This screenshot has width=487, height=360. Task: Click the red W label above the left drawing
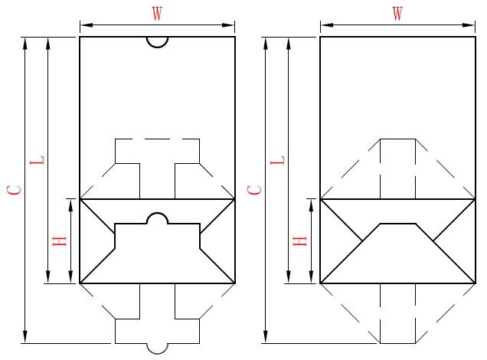[157, 14]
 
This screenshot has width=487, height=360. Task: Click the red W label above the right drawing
[397, 14]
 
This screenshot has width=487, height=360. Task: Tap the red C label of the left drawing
[15, 190]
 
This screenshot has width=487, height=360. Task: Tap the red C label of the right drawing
[255, 190]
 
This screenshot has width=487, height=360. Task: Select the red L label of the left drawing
[37, 160]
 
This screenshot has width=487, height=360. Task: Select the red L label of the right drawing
[277, 160]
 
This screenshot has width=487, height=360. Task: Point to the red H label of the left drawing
[60, 241]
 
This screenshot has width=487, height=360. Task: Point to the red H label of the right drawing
[300, 241]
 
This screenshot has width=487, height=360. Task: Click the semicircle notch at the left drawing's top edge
[157, 47]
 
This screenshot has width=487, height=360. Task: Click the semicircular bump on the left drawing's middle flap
[157, 214]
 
